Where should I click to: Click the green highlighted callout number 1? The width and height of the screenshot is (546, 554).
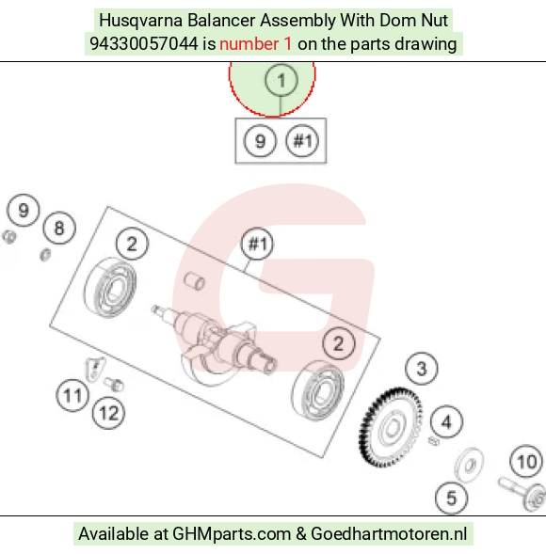click(281, 80)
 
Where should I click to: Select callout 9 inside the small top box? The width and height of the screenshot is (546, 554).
click(260, 141)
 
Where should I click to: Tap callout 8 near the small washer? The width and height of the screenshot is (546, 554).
click(59, 228)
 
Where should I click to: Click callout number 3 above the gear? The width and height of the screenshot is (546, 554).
click(421, 369)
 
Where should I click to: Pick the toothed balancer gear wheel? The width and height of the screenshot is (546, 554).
click(391, 427)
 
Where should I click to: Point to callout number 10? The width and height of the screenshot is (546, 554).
click(526, 462)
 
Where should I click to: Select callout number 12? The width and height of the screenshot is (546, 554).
click(108, 413)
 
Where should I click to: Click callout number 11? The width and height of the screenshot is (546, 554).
click(72, 395)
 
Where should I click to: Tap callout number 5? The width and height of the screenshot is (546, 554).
click(452, 499)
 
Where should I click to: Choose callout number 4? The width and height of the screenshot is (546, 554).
click(446, 422)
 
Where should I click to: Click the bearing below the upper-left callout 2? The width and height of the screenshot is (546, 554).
click(110, 287)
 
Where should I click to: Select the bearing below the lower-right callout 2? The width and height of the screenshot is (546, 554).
click(317, 390)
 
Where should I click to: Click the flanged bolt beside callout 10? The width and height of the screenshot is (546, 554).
click(522, 492)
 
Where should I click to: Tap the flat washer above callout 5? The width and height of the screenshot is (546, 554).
click(469, 465)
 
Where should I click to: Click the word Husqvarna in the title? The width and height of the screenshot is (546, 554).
click(141, 21)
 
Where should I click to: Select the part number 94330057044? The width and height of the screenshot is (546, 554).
click(144, 44)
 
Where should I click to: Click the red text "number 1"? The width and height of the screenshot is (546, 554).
click(256, 44)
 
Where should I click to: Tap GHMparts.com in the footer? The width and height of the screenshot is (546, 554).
click(232, 534)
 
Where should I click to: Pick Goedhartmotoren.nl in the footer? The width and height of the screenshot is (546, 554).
click(389, 534)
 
